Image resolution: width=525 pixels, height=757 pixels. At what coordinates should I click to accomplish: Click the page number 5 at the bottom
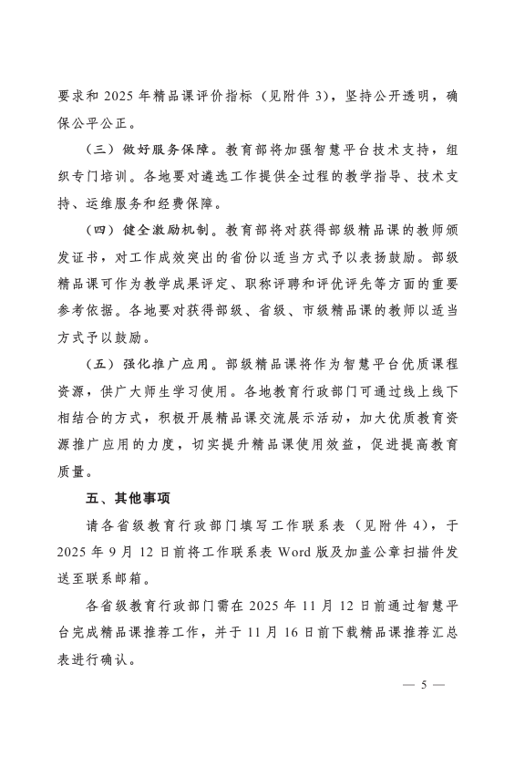click(423, 684)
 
